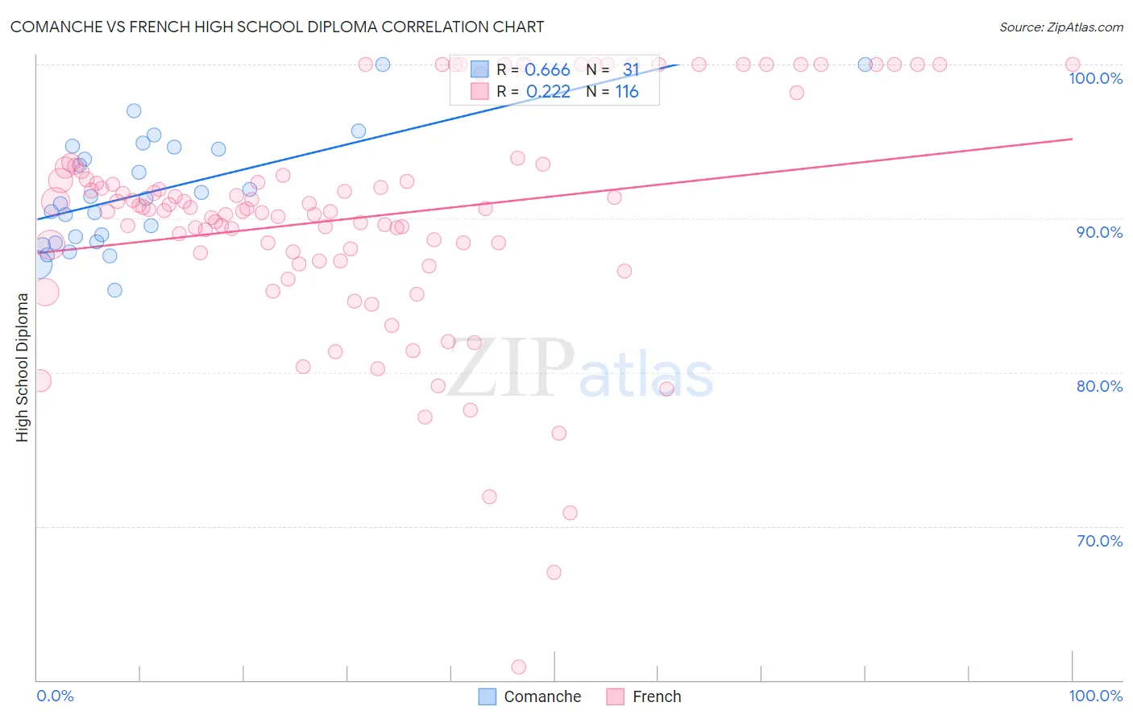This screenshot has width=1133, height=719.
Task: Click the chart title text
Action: click(x=276, y=27)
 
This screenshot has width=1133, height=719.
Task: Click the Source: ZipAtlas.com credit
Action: click(x=1060, y=27)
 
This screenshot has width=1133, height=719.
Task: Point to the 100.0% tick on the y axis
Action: click(x=1095, y=78)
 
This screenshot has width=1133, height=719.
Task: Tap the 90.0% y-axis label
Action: click(x=1099, y=232)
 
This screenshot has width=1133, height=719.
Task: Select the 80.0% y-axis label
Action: click(x=1099, y=386)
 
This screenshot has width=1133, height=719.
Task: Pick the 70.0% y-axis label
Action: click(x=1099, y=541)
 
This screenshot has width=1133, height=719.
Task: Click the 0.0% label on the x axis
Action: click(x=55, y=696)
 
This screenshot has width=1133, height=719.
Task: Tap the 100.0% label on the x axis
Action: click(x=1095, y=696)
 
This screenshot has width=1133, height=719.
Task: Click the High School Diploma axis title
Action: click(x=22, y=367)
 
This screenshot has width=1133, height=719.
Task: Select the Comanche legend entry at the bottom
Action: click(x=529, y=696)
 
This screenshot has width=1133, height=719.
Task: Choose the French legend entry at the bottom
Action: click(x=644, y=696)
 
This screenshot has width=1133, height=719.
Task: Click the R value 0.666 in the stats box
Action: click(x=547, y=70)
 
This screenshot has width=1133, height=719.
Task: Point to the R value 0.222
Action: click(x=548, y=92)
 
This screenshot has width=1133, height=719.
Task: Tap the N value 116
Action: click(x=627, y=92)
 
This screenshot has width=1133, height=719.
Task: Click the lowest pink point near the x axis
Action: click(x=519, y=667)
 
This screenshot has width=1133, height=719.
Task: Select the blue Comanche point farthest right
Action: click(x=865, y=64)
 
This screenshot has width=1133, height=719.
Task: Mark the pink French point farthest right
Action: click(x=1073, y=64)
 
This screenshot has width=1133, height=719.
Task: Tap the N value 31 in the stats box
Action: click(x=630, y=70)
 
